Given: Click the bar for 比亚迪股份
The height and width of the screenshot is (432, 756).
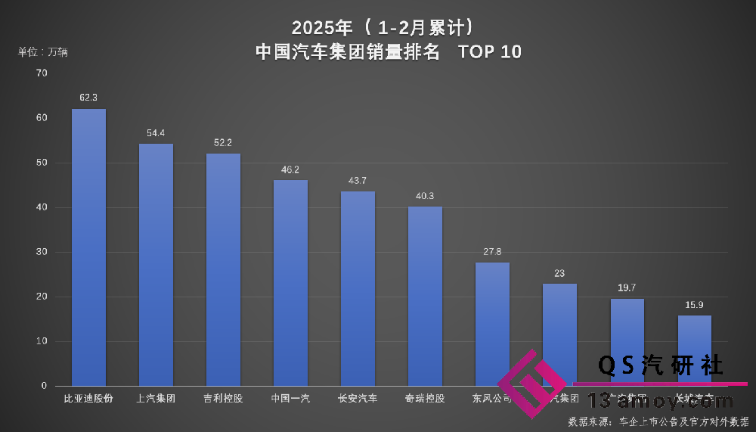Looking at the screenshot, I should tap(88, 247).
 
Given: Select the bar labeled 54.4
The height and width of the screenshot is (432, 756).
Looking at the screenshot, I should tap(156, 265).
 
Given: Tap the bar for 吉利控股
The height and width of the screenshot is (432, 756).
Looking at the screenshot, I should tap(223, 270).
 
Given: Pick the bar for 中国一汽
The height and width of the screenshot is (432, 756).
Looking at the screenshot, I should tap(290, 283).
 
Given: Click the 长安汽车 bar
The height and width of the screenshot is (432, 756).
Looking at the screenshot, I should tap(358, 288).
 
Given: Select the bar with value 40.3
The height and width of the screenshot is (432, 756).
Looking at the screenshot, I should tap(425, 296).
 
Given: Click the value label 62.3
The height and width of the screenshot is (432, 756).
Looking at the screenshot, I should tap(88, 98).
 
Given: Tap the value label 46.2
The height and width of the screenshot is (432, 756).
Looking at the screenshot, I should tap(290, 169).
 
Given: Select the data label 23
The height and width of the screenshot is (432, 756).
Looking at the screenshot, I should tap(559, 273).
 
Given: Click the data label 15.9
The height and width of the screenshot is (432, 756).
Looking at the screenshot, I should tap(694, 305).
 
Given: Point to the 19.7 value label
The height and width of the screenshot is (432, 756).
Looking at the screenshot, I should tap(627, 287).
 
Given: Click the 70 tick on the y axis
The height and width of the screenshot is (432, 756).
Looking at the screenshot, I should tap(42, 73).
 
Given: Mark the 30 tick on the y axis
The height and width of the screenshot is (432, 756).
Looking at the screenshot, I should tap(42, 252).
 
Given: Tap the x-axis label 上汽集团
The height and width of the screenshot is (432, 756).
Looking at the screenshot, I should tap(156, 398).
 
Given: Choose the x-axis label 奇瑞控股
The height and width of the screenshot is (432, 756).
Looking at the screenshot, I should tap(425, 398).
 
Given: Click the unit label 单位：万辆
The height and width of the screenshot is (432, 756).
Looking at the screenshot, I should tap(43, 52).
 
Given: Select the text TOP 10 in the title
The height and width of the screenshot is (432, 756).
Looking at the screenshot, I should tap(490, 52).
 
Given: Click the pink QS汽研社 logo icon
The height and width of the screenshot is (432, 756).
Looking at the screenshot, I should tap(531, 384).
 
